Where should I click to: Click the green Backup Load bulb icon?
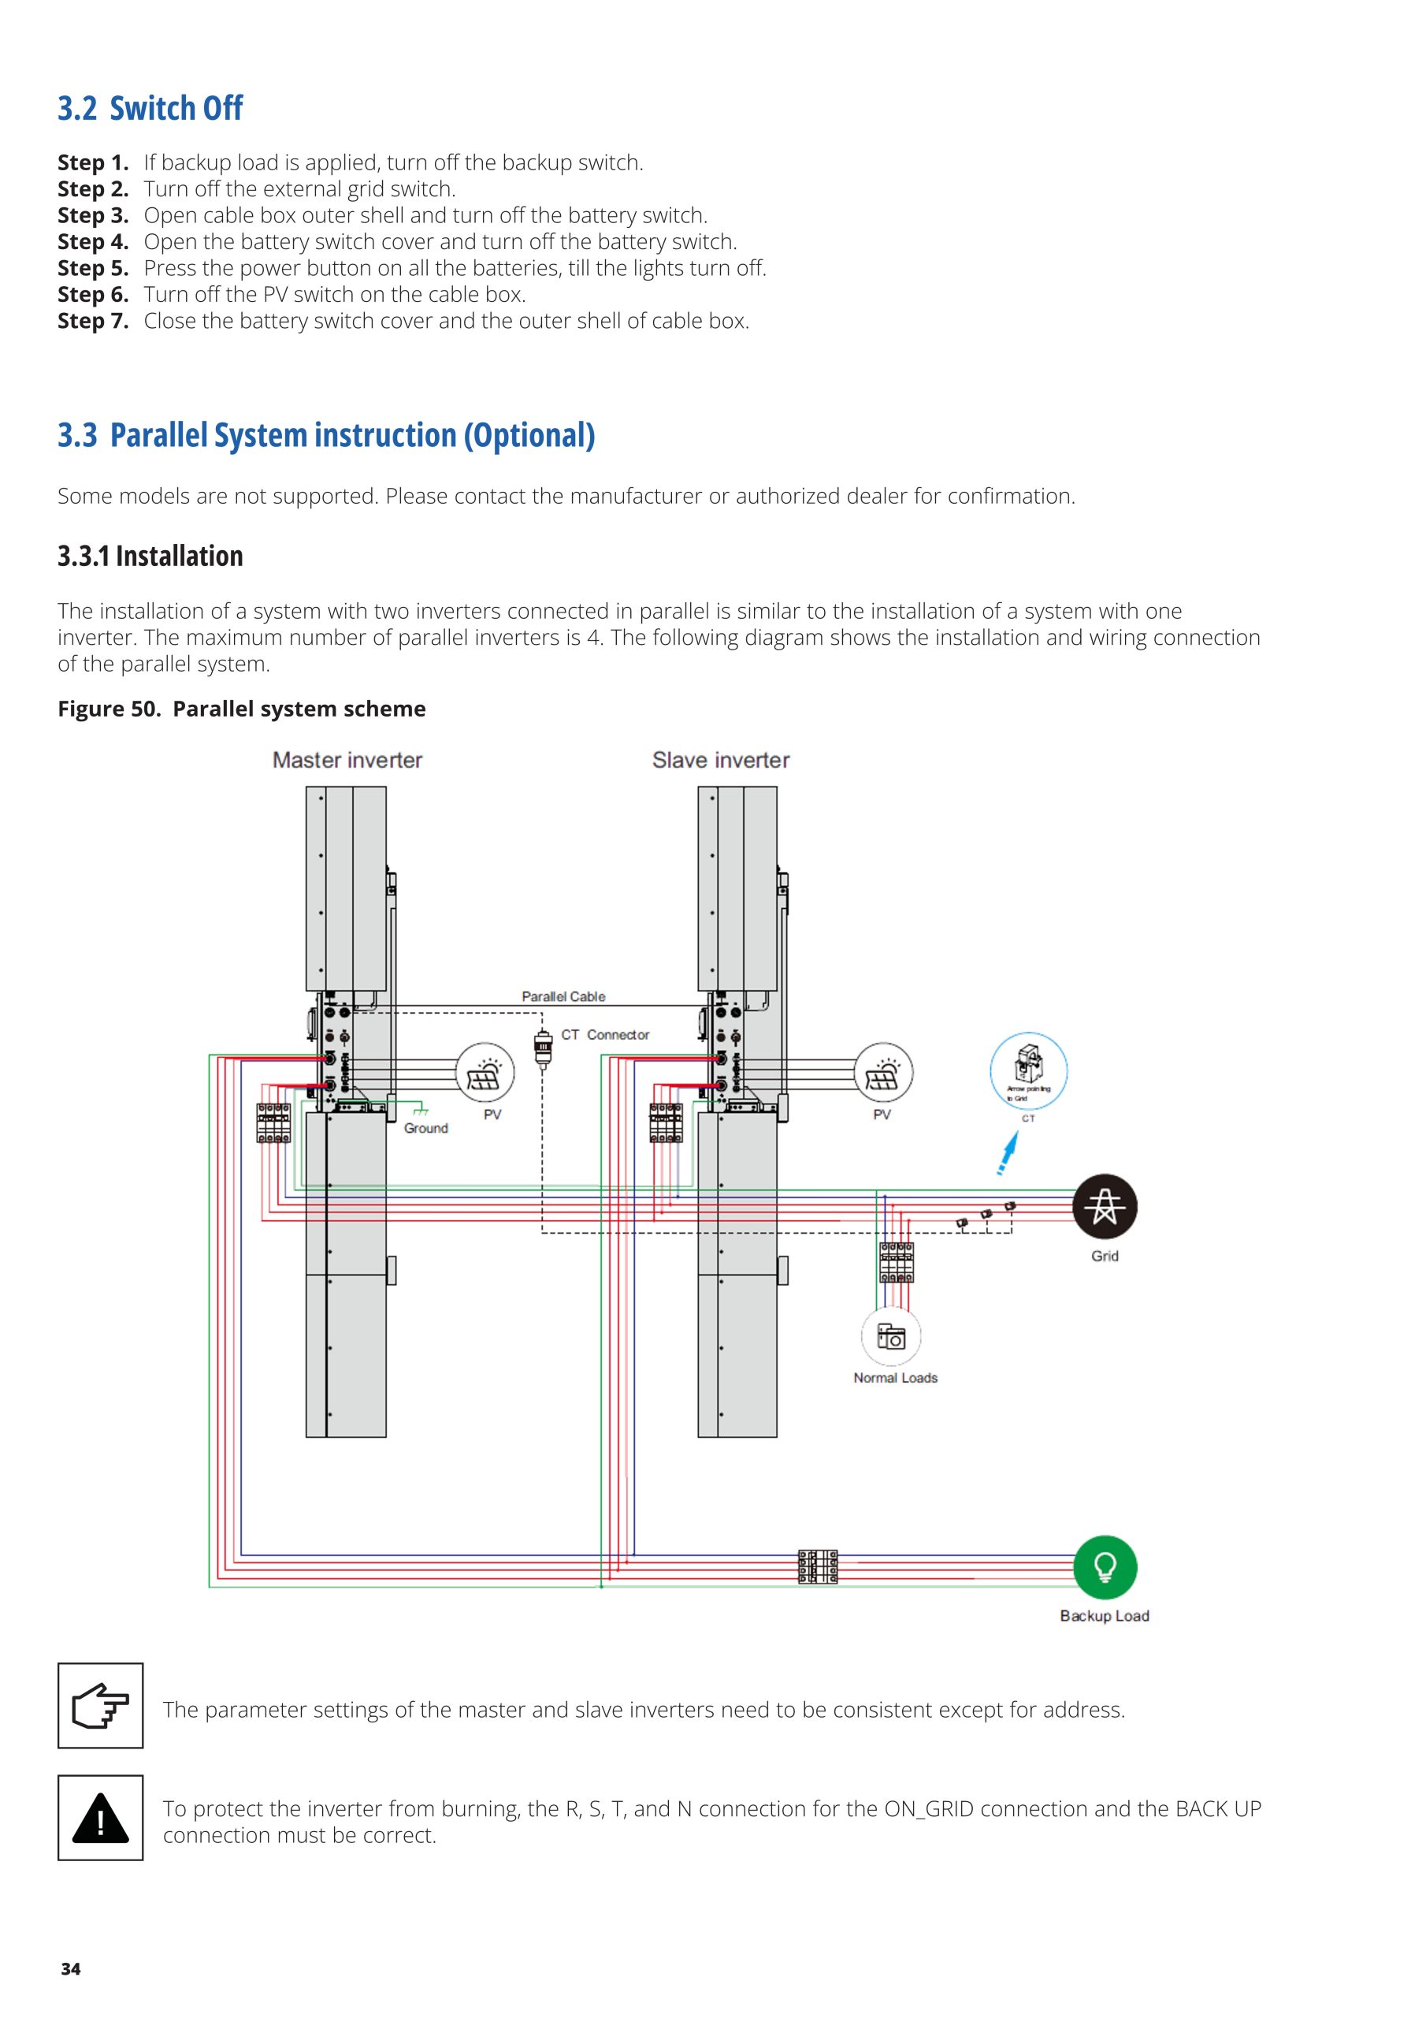coord(1105,1567)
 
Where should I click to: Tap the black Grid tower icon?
coord(1105,1206)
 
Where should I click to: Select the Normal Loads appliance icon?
coord(891,1337)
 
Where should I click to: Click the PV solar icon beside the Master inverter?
coord(484,1072)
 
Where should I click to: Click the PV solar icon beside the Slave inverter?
coord(883,1072)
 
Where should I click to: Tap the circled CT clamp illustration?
coord(1028,1070)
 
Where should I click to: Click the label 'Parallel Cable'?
coord(563,996)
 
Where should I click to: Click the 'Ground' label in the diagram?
coord(426,1129)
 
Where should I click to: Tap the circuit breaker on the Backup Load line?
coord(817,1566)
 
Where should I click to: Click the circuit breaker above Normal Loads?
coord(897,1263)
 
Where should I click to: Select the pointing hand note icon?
coord(100,1705)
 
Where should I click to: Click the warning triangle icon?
coord(100,1818)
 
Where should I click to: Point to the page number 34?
coord(70,1969)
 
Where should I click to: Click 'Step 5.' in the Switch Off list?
coord(93,268)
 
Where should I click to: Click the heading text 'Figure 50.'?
coord(108,709)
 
